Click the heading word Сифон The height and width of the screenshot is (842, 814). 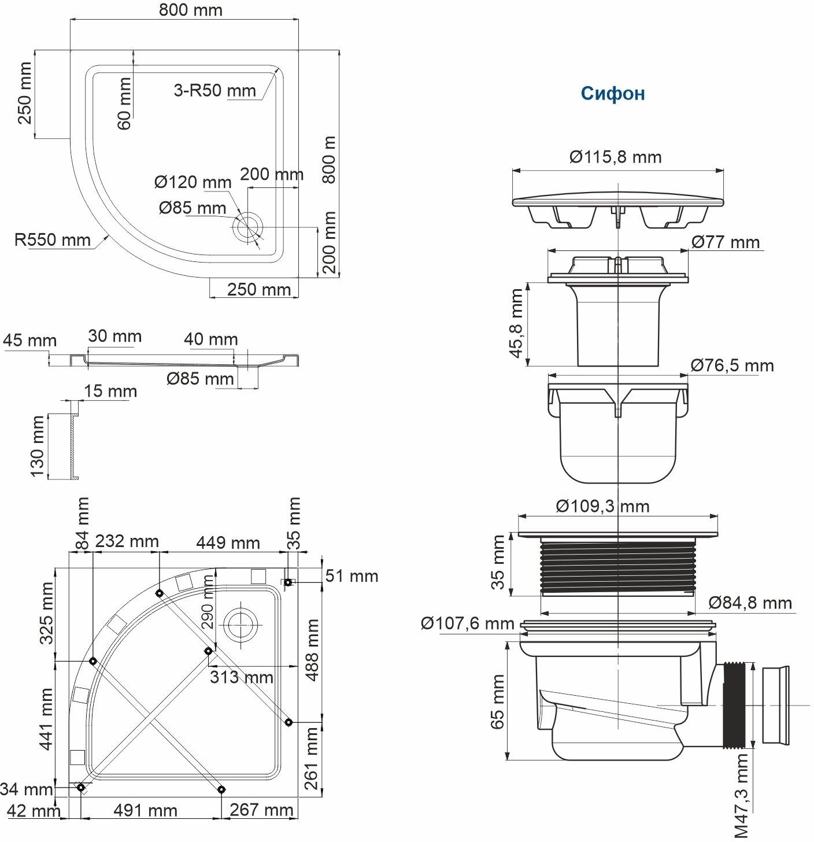pyautogui.click(x=613, y=94)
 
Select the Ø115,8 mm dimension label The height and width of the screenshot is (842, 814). pyautogui.click(x=615, y=157)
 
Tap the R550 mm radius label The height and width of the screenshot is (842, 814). pyautogui.click(x=52, y=239)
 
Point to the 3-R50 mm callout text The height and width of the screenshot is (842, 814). pyautogui.click(x=214, y=90)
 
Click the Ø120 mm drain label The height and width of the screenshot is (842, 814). pyautogui.click(x=193, y=183)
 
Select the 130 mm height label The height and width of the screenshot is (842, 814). pyautogui.click(x=38, y=446)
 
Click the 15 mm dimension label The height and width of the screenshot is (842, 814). pyautogui.click(x=110, y=392)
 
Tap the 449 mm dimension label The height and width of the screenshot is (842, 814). pyautogui.click(x=228, y=543)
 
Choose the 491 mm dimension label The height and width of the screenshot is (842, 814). pyautogui.click(x=145, y=810)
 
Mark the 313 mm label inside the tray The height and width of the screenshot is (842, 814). pyautogui.click(x=241, y=677)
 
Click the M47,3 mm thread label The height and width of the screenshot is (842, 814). pyautogui.click(x=741, y=795)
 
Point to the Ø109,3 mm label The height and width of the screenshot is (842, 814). pyautogui.click(x=602, y=507)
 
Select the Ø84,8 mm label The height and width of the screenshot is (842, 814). pyautogui.click(x=750, y=603)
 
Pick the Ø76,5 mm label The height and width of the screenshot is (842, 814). pyautogui.click(x=732, y=365)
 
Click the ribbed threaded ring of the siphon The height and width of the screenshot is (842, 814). pyautogui.click(x=618, y=565)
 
